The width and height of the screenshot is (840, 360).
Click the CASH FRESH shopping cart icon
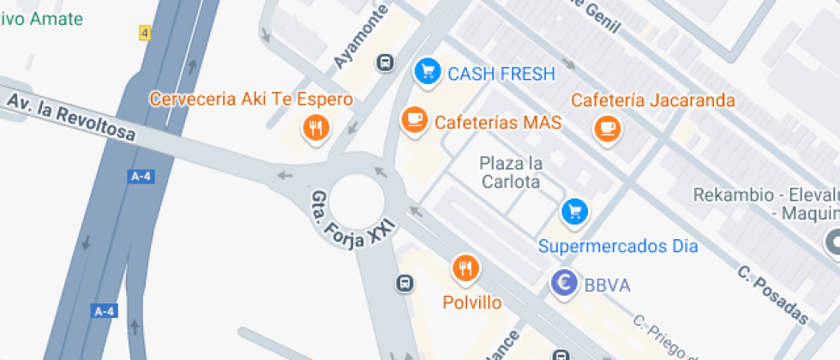pyautogui.click(x=426, y=71)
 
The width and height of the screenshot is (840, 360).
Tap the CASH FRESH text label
pyautogui.click(x=501, y=73)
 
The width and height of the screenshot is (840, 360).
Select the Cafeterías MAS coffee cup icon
pyautogui.click(x=415, y=120)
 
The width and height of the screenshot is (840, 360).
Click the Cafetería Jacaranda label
pyautogui.click(x=653, y=100)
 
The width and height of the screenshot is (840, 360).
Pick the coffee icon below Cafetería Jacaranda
pyautogui.click(x=608, y=128)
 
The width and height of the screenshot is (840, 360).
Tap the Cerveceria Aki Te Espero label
pyautogui.click(x=251, y=99)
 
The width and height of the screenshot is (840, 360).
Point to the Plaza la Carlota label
pyautogui.click(x=510, y=171)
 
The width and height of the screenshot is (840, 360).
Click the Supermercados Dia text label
pyautogui.click(x=618, y=247)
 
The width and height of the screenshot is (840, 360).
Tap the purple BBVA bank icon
pyautogui.click(x=564, y=282)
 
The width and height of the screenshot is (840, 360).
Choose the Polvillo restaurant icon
pyautogui.click(x=465, y=268)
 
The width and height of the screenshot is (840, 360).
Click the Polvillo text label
pyautogui.click(x=471, y=303)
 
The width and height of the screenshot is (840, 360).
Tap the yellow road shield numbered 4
pyautogui.click(x=144, y=33)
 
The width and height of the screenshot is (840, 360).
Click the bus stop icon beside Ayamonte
pyautogui.click(x=386, y=63)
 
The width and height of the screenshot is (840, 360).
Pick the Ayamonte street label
pyautogui.click(x=360, y=37)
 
